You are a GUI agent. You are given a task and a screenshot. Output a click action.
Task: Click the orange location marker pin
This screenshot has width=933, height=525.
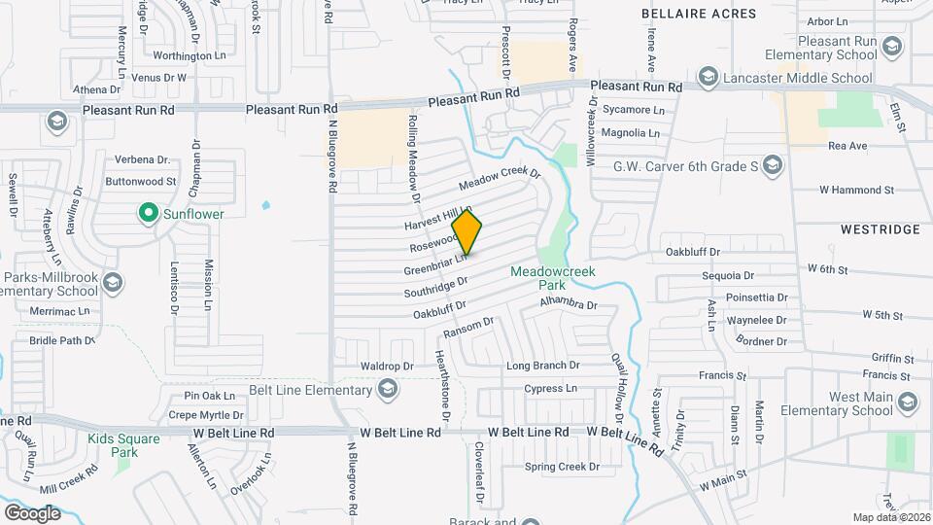coord(467,233)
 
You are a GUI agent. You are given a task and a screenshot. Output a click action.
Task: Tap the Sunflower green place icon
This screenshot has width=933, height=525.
coord(148,212)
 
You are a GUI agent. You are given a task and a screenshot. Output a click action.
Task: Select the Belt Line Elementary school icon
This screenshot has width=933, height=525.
coord(388,391)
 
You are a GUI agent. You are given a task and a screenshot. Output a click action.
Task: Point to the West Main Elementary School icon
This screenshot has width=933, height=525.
coord(908,402)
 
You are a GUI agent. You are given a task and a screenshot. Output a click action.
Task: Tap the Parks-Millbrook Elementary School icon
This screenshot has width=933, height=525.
coord(113,283)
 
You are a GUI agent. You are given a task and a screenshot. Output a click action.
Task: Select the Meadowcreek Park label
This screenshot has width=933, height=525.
coord(553,278)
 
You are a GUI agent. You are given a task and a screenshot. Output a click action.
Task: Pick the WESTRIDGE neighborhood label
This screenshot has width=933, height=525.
coord(881,229)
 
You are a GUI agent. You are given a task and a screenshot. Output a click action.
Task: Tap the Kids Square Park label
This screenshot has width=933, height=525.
coord(124,445)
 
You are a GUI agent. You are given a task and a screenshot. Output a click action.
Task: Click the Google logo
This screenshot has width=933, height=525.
coord(32,512)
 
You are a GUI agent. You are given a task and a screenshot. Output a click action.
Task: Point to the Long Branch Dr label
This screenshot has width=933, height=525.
coord(542,367)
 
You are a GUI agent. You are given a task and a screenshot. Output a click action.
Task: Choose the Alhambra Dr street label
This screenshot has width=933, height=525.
coord(568,305)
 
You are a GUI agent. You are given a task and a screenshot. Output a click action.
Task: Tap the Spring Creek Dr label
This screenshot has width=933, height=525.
coord(563,467)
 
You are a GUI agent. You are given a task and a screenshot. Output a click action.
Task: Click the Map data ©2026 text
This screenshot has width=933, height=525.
coord(891,517)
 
